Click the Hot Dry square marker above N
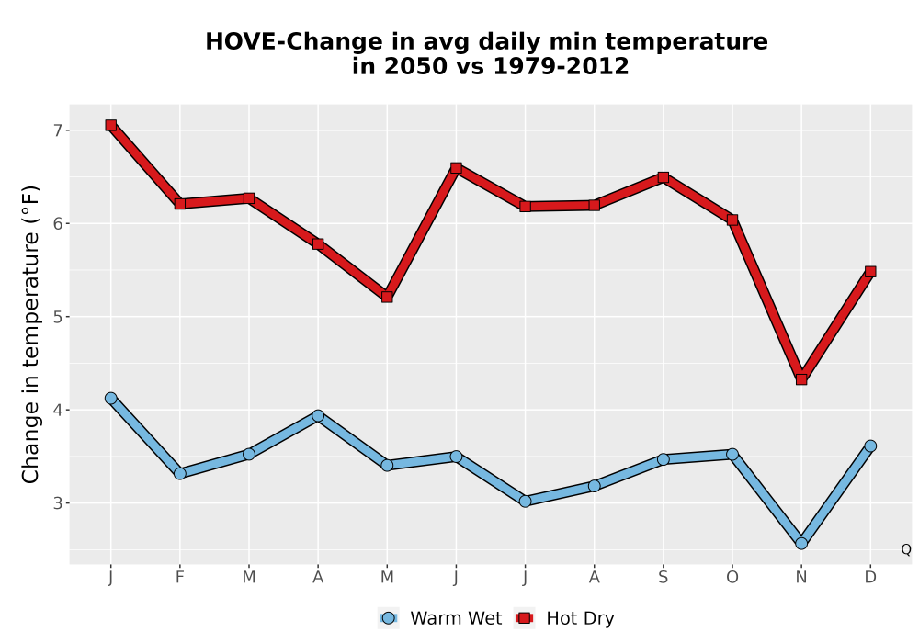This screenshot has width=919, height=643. point(801,379)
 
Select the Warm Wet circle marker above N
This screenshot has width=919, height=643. point(801,544)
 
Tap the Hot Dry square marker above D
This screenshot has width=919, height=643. point(870,272)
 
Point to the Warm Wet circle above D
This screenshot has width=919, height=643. point(870,446)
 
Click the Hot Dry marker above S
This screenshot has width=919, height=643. point(663,177)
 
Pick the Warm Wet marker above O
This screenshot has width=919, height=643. point(732,454)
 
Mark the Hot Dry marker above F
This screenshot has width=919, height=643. point(180,204)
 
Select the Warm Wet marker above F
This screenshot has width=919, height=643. point(180,473)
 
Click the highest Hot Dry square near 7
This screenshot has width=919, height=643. point(111,125)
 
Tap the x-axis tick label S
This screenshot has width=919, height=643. point(663,578)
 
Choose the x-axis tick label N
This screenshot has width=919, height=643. point(801,578)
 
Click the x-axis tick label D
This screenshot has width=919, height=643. point(870,578)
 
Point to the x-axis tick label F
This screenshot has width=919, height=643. point(180,578)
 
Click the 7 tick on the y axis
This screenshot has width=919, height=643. point(57,130)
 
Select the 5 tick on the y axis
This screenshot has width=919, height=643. point(57,317)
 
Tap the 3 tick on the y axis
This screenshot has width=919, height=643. point(57,503)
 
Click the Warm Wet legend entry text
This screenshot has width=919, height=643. point(456,618)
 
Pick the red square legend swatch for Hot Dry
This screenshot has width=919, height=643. point(525,618)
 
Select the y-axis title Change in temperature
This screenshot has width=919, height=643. point(30,334)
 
